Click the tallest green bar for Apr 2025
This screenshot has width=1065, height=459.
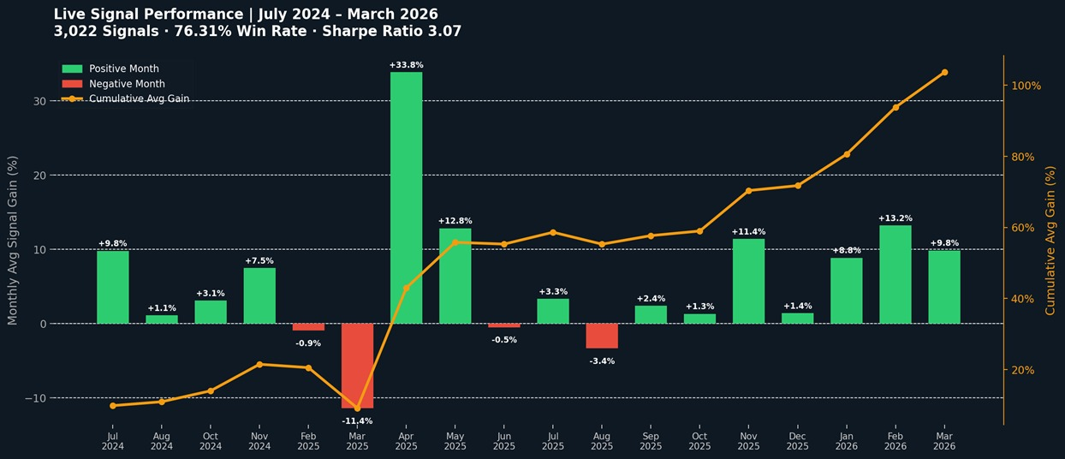(x=406, y=197)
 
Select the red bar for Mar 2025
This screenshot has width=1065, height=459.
(x=357, y=366)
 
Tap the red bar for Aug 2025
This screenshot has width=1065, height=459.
(x=602, y=336)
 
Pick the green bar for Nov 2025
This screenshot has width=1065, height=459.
(x=748, y=281)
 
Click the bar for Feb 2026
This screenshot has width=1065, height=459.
(x=895, y=274)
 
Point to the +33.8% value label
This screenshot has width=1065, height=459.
(x=406, y=65)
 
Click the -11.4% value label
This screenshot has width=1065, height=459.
(x=357, y=421)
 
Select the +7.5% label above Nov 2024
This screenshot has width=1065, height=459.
(x=259, y=261)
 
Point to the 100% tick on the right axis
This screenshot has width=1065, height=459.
(x=1026, y=86)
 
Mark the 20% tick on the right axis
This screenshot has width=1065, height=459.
(x=1023, y=370)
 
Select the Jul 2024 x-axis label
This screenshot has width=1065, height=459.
(x=113, y=441)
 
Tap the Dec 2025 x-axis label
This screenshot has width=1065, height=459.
(x=797, y=441)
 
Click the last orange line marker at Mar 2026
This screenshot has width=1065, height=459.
(x=944, y=72)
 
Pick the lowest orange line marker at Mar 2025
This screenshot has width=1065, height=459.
(x=357, y=408)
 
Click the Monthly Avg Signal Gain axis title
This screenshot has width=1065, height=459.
(x=13, y=240)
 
